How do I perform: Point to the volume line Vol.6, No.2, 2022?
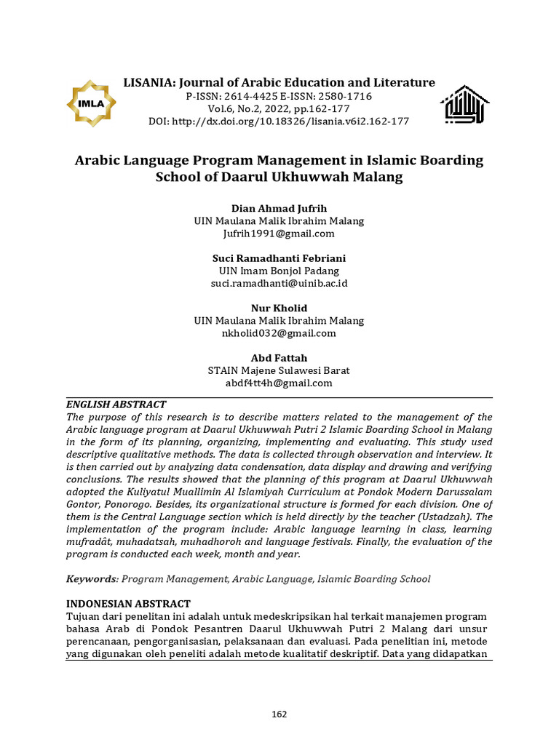pyautogui.click(x=279, y=108)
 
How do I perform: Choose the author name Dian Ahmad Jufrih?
pyautogui.click(x=279, y=208)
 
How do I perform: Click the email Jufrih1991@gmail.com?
pyautogui.click(x=279, y=234)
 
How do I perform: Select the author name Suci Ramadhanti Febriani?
pyautogui.click(x=279, y=258)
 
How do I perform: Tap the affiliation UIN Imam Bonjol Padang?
pyautogui.click(x=279, y=271)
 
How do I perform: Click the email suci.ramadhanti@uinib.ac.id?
pyautogui.click(x=279, y=283)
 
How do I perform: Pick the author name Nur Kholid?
pyautogui.click(x=279, y=308)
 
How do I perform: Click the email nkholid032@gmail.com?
pyautogui.click(x=279, y=333)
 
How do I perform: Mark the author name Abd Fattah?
pyautogui.click(x=279, y=358)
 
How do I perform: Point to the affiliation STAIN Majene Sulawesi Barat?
pyautogui.click(x=279, y=370)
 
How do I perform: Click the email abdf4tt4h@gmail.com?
pyautogui.click(x=279, y=383)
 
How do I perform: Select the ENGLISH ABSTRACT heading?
pyautogui.click(x=116, y=405)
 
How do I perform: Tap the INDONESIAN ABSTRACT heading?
pyautogui.click(x=129, y=604)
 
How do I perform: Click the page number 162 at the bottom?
pyautogui.click(x=279, y=714)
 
